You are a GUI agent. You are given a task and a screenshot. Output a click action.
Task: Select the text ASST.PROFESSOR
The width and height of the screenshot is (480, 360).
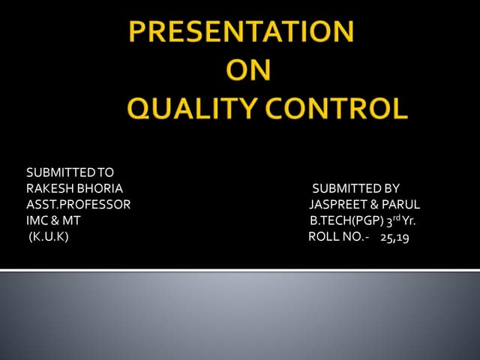tap(78, 205)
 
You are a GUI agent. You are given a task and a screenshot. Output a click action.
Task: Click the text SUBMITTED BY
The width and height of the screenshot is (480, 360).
tap(355, 189)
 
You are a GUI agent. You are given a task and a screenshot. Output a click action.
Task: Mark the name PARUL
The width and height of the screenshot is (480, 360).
tap(401, 205)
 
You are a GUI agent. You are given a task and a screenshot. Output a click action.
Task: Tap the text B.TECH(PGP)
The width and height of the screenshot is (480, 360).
tap(346, 221)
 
